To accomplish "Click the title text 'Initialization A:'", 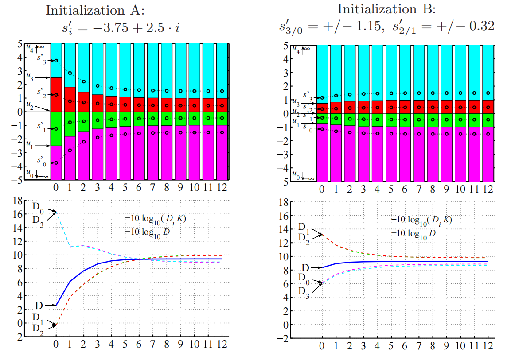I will (93, 11).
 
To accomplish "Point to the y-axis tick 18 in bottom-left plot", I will (18, 201).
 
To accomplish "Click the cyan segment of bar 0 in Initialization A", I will (56, 60).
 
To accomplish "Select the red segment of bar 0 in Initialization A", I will (56, 95).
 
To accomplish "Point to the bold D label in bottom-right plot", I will (305, 268).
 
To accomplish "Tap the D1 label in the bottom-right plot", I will (304, 227).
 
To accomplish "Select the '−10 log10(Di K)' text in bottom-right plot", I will (421, 220).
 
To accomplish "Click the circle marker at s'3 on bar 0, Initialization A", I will (56, 60).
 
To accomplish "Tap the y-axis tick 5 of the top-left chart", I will (20, 43).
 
